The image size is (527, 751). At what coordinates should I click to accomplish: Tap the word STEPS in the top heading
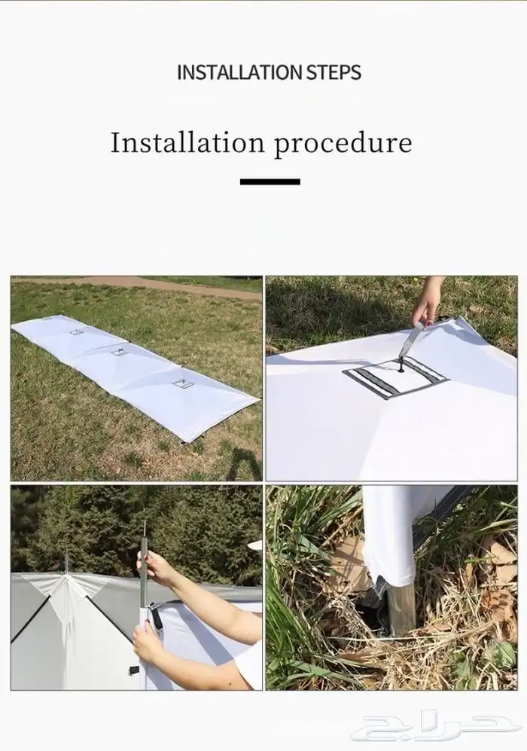[334, 72]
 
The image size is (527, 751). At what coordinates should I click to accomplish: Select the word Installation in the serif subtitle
[187, 142]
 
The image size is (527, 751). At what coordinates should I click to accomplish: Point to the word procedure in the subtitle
[343, 143]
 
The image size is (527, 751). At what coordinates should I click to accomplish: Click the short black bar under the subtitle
[270, 182]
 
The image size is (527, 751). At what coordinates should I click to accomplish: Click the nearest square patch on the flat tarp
[181, 383]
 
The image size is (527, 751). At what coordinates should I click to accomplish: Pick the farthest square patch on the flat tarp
[76, 331]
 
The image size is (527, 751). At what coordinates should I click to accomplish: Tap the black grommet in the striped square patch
[399, 368]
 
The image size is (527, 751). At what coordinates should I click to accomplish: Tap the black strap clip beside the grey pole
[156, 615]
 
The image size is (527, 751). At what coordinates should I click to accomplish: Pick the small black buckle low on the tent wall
[133, 670]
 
